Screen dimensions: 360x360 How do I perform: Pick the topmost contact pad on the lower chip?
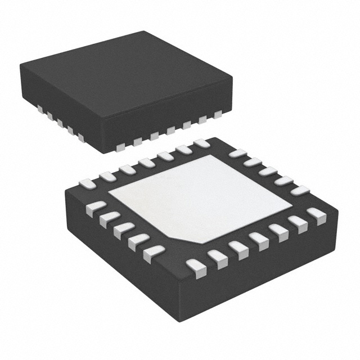pyautogui.click(x=201, y=143)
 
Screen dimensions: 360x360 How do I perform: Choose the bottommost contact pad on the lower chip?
pyautogui.click(x=196, y=265)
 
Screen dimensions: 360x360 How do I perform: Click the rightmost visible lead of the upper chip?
pyautogui.click(x=218, y=115)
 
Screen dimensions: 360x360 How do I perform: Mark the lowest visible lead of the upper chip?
pyautogui.click(x=120, y=147)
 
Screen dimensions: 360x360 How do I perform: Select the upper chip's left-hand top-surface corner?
pyautogui.click(x=21, y=65)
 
